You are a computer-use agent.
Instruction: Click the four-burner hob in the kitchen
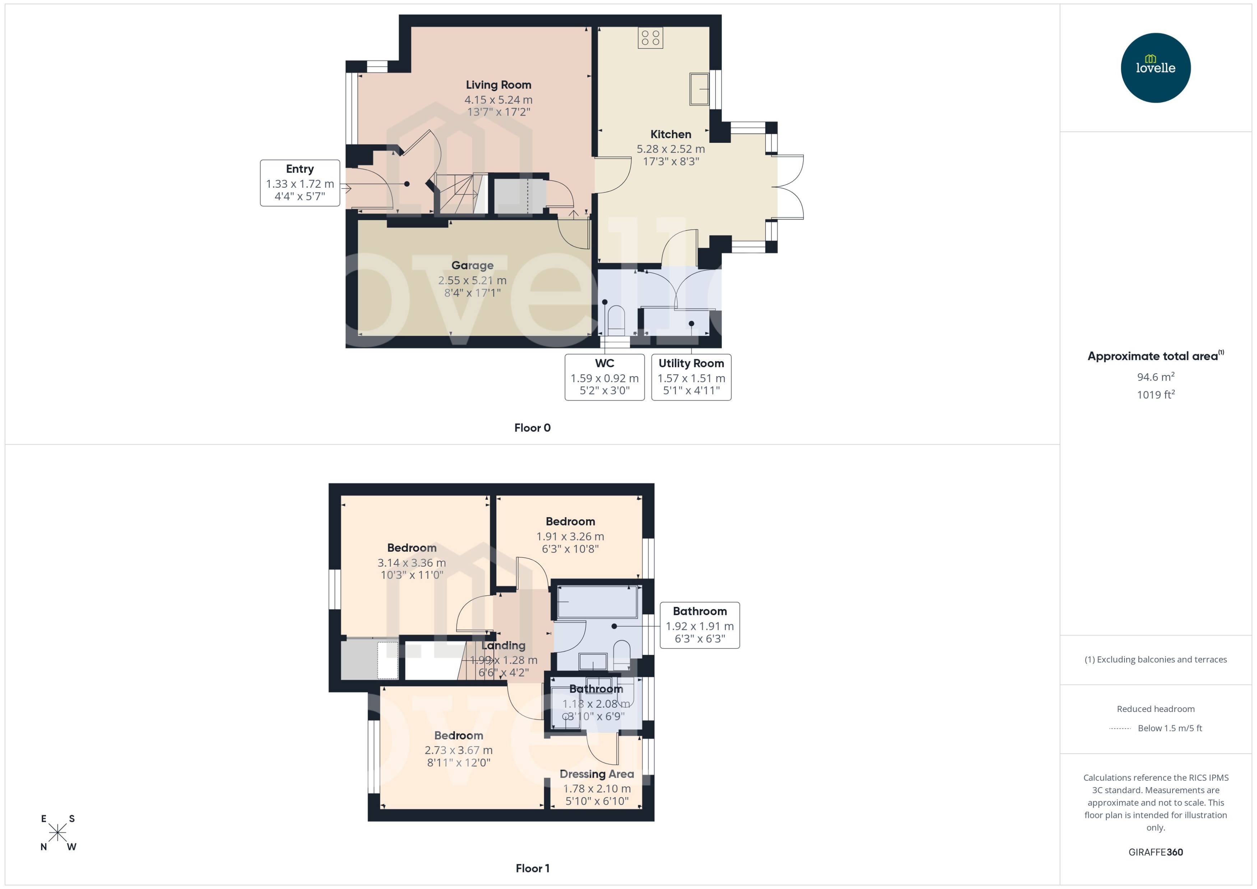[x=650, y=37]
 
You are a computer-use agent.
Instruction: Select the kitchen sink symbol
[x=699, y=88]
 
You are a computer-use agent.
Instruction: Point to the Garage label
[x=472, y=266]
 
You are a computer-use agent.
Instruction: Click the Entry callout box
[x=300, y=183]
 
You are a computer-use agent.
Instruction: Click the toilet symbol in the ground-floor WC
[x=616, y=320]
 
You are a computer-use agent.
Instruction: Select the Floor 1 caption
[x=532, y=868]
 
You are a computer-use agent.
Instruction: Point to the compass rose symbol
[x=57, y=833]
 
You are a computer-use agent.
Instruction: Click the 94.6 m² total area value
[x=1155, y=377]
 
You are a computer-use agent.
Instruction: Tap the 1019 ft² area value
[x=1155, y=395]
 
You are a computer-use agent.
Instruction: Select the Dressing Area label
[x=597, y=774]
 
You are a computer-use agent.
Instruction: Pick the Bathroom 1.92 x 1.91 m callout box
[x=699, y=625]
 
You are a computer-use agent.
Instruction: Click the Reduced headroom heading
[x=1155, y=709]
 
